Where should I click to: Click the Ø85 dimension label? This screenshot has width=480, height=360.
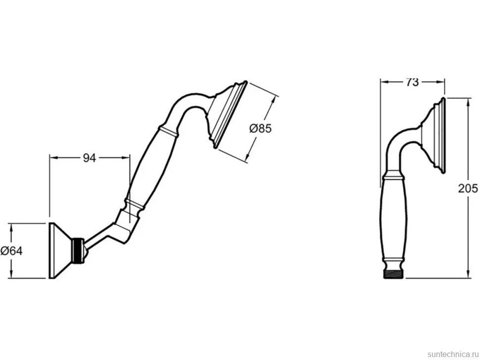(260, 128)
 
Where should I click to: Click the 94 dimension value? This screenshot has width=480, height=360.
(90, 158)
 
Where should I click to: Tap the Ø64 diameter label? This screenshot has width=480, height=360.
(11, 251)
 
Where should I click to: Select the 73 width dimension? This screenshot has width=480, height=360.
(412, 82)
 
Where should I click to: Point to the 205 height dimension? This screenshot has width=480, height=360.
(468, 188)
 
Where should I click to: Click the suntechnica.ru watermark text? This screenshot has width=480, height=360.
(453, 354)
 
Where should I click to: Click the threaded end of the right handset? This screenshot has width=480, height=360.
(394, 274)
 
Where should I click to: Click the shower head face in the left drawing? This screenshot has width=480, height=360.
(230, 115)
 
